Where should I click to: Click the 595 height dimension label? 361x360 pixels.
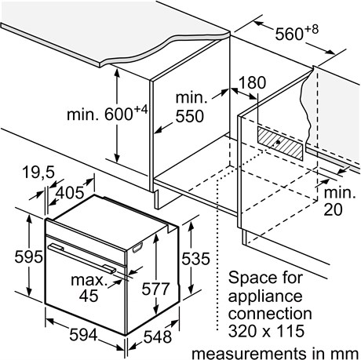[x=28, y=256]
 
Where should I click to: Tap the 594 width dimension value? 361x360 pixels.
[x=83, y=335]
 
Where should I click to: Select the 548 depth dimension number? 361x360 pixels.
[x=158, y=336]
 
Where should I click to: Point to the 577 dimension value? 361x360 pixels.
[x=155, y=289]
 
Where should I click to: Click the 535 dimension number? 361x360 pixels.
[x=195, y=259]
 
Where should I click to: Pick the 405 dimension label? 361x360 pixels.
[x=71, y=193]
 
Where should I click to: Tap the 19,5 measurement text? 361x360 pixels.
[x=38, y=173]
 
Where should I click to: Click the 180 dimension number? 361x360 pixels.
[x=252, y=82]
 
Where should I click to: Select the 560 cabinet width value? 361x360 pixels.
[x=289, y=34]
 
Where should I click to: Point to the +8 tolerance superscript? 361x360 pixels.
[x=312, y=29]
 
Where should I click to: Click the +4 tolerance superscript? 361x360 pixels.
[x=140, y=109]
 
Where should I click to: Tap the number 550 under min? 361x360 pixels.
[x=189, y=116]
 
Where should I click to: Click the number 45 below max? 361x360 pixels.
[x=89, y=296]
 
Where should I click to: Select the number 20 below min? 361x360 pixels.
[x=333, y=209]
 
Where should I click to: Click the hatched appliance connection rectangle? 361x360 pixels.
[x=280, y=143]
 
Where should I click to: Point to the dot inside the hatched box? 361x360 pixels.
[x=278, y=142]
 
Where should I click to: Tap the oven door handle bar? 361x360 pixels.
[x=82, y=259]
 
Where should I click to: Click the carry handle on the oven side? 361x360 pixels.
[x=137, y=248]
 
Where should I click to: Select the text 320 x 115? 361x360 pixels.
[x=266, y=331]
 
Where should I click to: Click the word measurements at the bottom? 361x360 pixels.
[x=249, y=354]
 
